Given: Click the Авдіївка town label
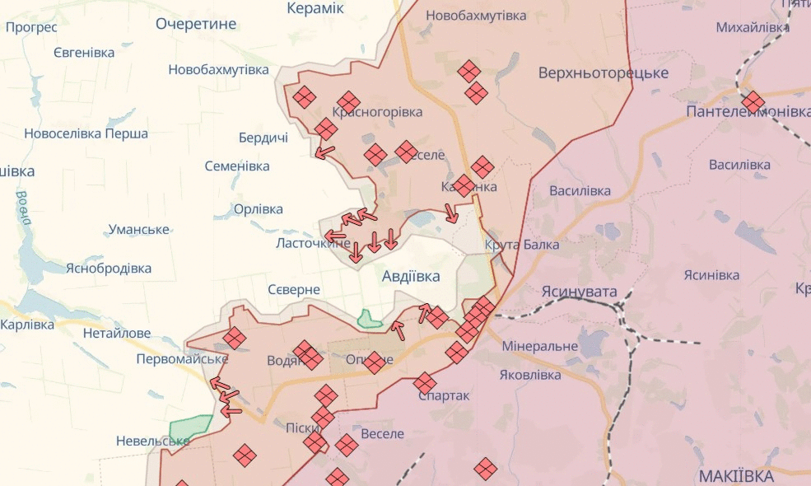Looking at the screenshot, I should coord(411,277).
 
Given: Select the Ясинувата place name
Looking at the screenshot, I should coord(579,292).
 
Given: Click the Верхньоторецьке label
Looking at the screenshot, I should coord(603,73).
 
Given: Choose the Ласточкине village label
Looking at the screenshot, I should coord(313,244).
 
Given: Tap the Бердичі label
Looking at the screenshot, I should coord(263,138).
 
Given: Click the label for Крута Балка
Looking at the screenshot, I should coord(522,245).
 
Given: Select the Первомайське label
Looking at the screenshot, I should coord(182,359).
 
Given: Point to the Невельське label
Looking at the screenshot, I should coord(152,441).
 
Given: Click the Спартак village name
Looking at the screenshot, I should coord(444,395).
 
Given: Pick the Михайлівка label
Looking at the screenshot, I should coord(753,28).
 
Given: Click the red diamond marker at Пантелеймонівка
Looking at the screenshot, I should coord(753,102).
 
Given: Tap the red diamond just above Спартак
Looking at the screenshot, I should coord(425,382).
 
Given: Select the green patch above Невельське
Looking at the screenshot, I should coord(190,428).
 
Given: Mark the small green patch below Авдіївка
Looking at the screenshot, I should coord(370,318).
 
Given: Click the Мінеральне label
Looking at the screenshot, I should coord(538,346).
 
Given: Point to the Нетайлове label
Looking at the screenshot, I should coord(117,334).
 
